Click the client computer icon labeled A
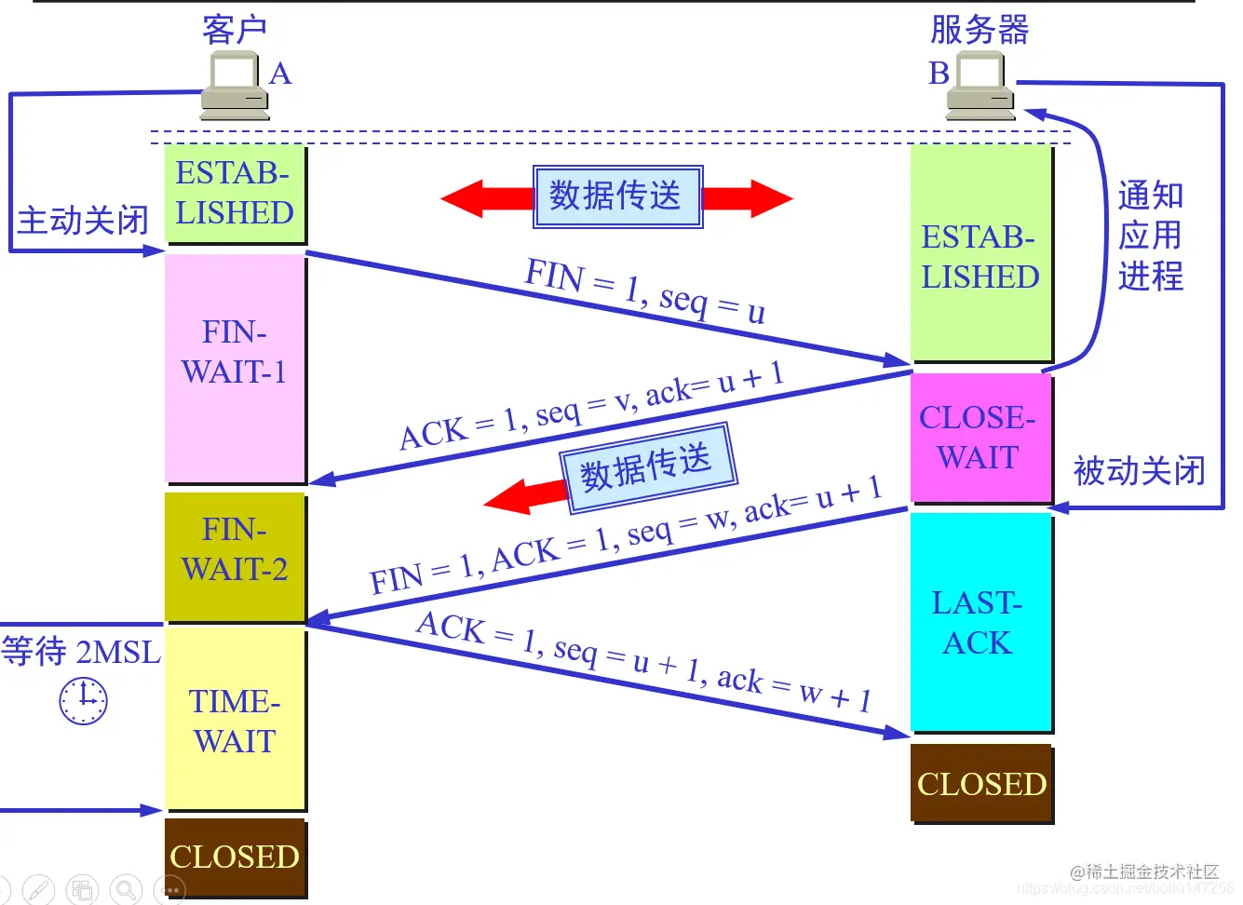coord(234,86)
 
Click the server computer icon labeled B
coord(980,86)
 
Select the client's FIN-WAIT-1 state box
coord(235,368)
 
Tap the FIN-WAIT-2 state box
coord(235,556)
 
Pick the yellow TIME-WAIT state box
coord(235,719)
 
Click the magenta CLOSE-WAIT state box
coord(980,438)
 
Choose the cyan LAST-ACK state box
coord(980,622)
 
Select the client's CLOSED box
coord(235,857)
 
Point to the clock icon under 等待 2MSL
coord(84,701)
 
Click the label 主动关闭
coord(83,221)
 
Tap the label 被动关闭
coord(1139,471)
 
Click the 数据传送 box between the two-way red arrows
coord(617,196)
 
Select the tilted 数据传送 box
coord(647,467)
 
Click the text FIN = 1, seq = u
coord(645,290)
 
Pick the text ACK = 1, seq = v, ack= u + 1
coord(591,406)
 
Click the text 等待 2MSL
coord(81,651)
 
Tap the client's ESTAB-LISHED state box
coord(235,193)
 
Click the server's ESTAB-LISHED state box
coord(980,256)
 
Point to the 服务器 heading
coord(980,30)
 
